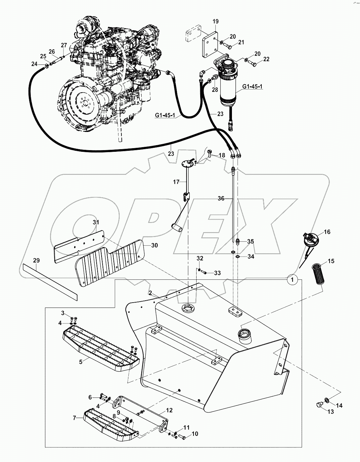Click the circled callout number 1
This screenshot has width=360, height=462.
point(292,280)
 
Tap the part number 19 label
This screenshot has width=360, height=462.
point(215,22)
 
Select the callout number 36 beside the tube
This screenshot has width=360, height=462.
point(221,198)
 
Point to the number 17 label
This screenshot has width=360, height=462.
point(176,182)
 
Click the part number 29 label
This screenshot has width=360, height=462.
point(36,260)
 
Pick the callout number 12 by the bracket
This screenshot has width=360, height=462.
point(169,410)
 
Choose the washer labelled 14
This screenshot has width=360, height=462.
point(327,401)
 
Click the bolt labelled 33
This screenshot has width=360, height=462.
point(205,273)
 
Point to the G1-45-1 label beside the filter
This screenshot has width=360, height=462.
point(252,87)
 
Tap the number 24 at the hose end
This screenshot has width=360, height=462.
point(35,64)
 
